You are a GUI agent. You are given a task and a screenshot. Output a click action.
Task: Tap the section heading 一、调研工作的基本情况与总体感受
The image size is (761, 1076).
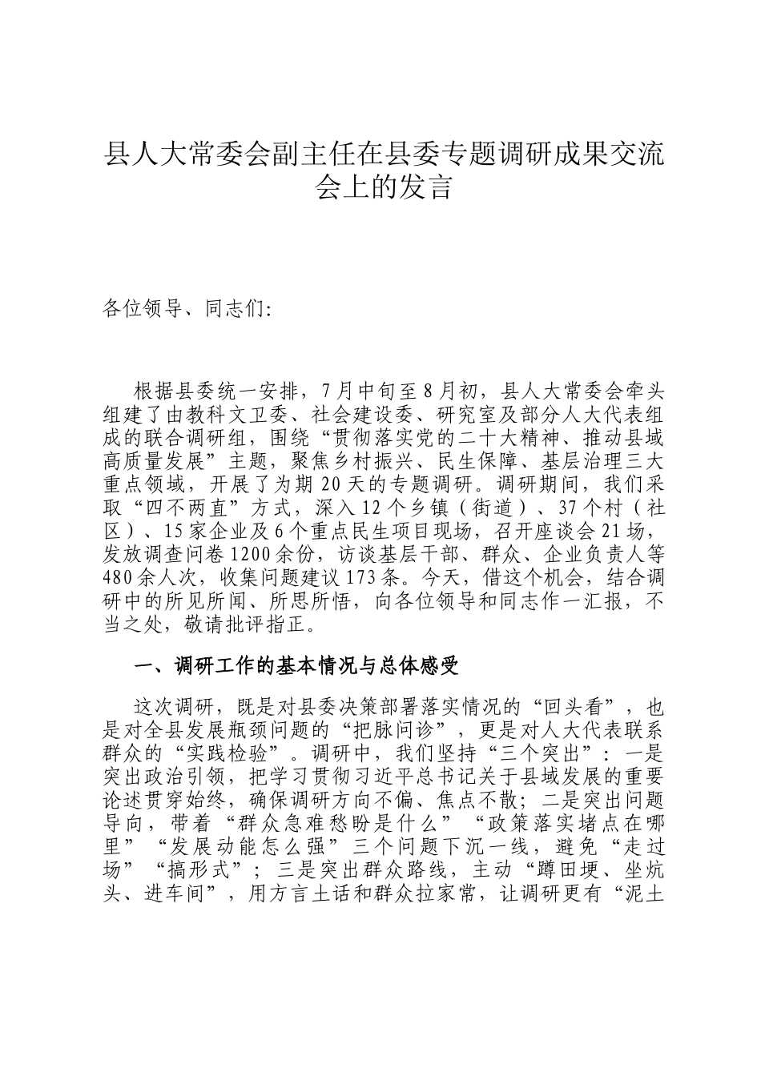[x=296, y=666]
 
